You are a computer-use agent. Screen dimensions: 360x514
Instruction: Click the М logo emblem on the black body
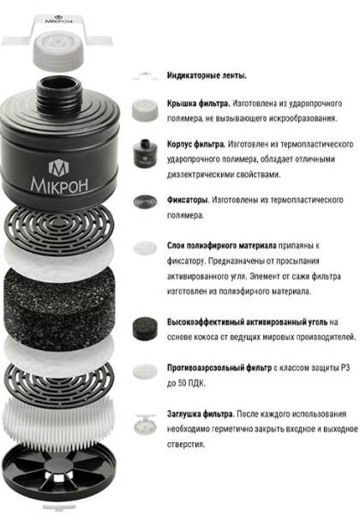pos(58,167)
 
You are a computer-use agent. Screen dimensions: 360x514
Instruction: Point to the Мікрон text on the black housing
pos(59,184)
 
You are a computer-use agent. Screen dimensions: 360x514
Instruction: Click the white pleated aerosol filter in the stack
pos(58,417)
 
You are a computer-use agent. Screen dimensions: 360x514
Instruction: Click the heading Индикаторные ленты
pos(207,75)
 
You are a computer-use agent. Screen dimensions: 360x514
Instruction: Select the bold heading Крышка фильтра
pos(199,104)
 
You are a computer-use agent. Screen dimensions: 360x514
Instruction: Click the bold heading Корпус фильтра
pos(196,144)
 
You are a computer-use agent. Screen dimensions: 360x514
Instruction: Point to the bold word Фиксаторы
pos(188,200)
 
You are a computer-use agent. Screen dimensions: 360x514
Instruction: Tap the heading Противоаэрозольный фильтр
pos(219,368)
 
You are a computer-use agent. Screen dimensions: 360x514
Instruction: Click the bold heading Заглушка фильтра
pos(201,414)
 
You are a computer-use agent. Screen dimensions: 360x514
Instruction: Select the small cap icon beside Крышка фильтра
pos(145,109)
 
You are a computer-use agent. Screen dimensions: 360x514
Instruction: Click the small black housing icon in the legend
pos(144,152)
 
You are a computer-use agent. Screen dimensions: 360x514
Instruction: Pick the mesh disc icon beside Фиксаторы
pos(145,201)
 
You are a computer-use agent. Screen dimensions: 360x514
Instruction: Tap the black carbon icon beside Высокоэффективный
pos(145,328)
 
